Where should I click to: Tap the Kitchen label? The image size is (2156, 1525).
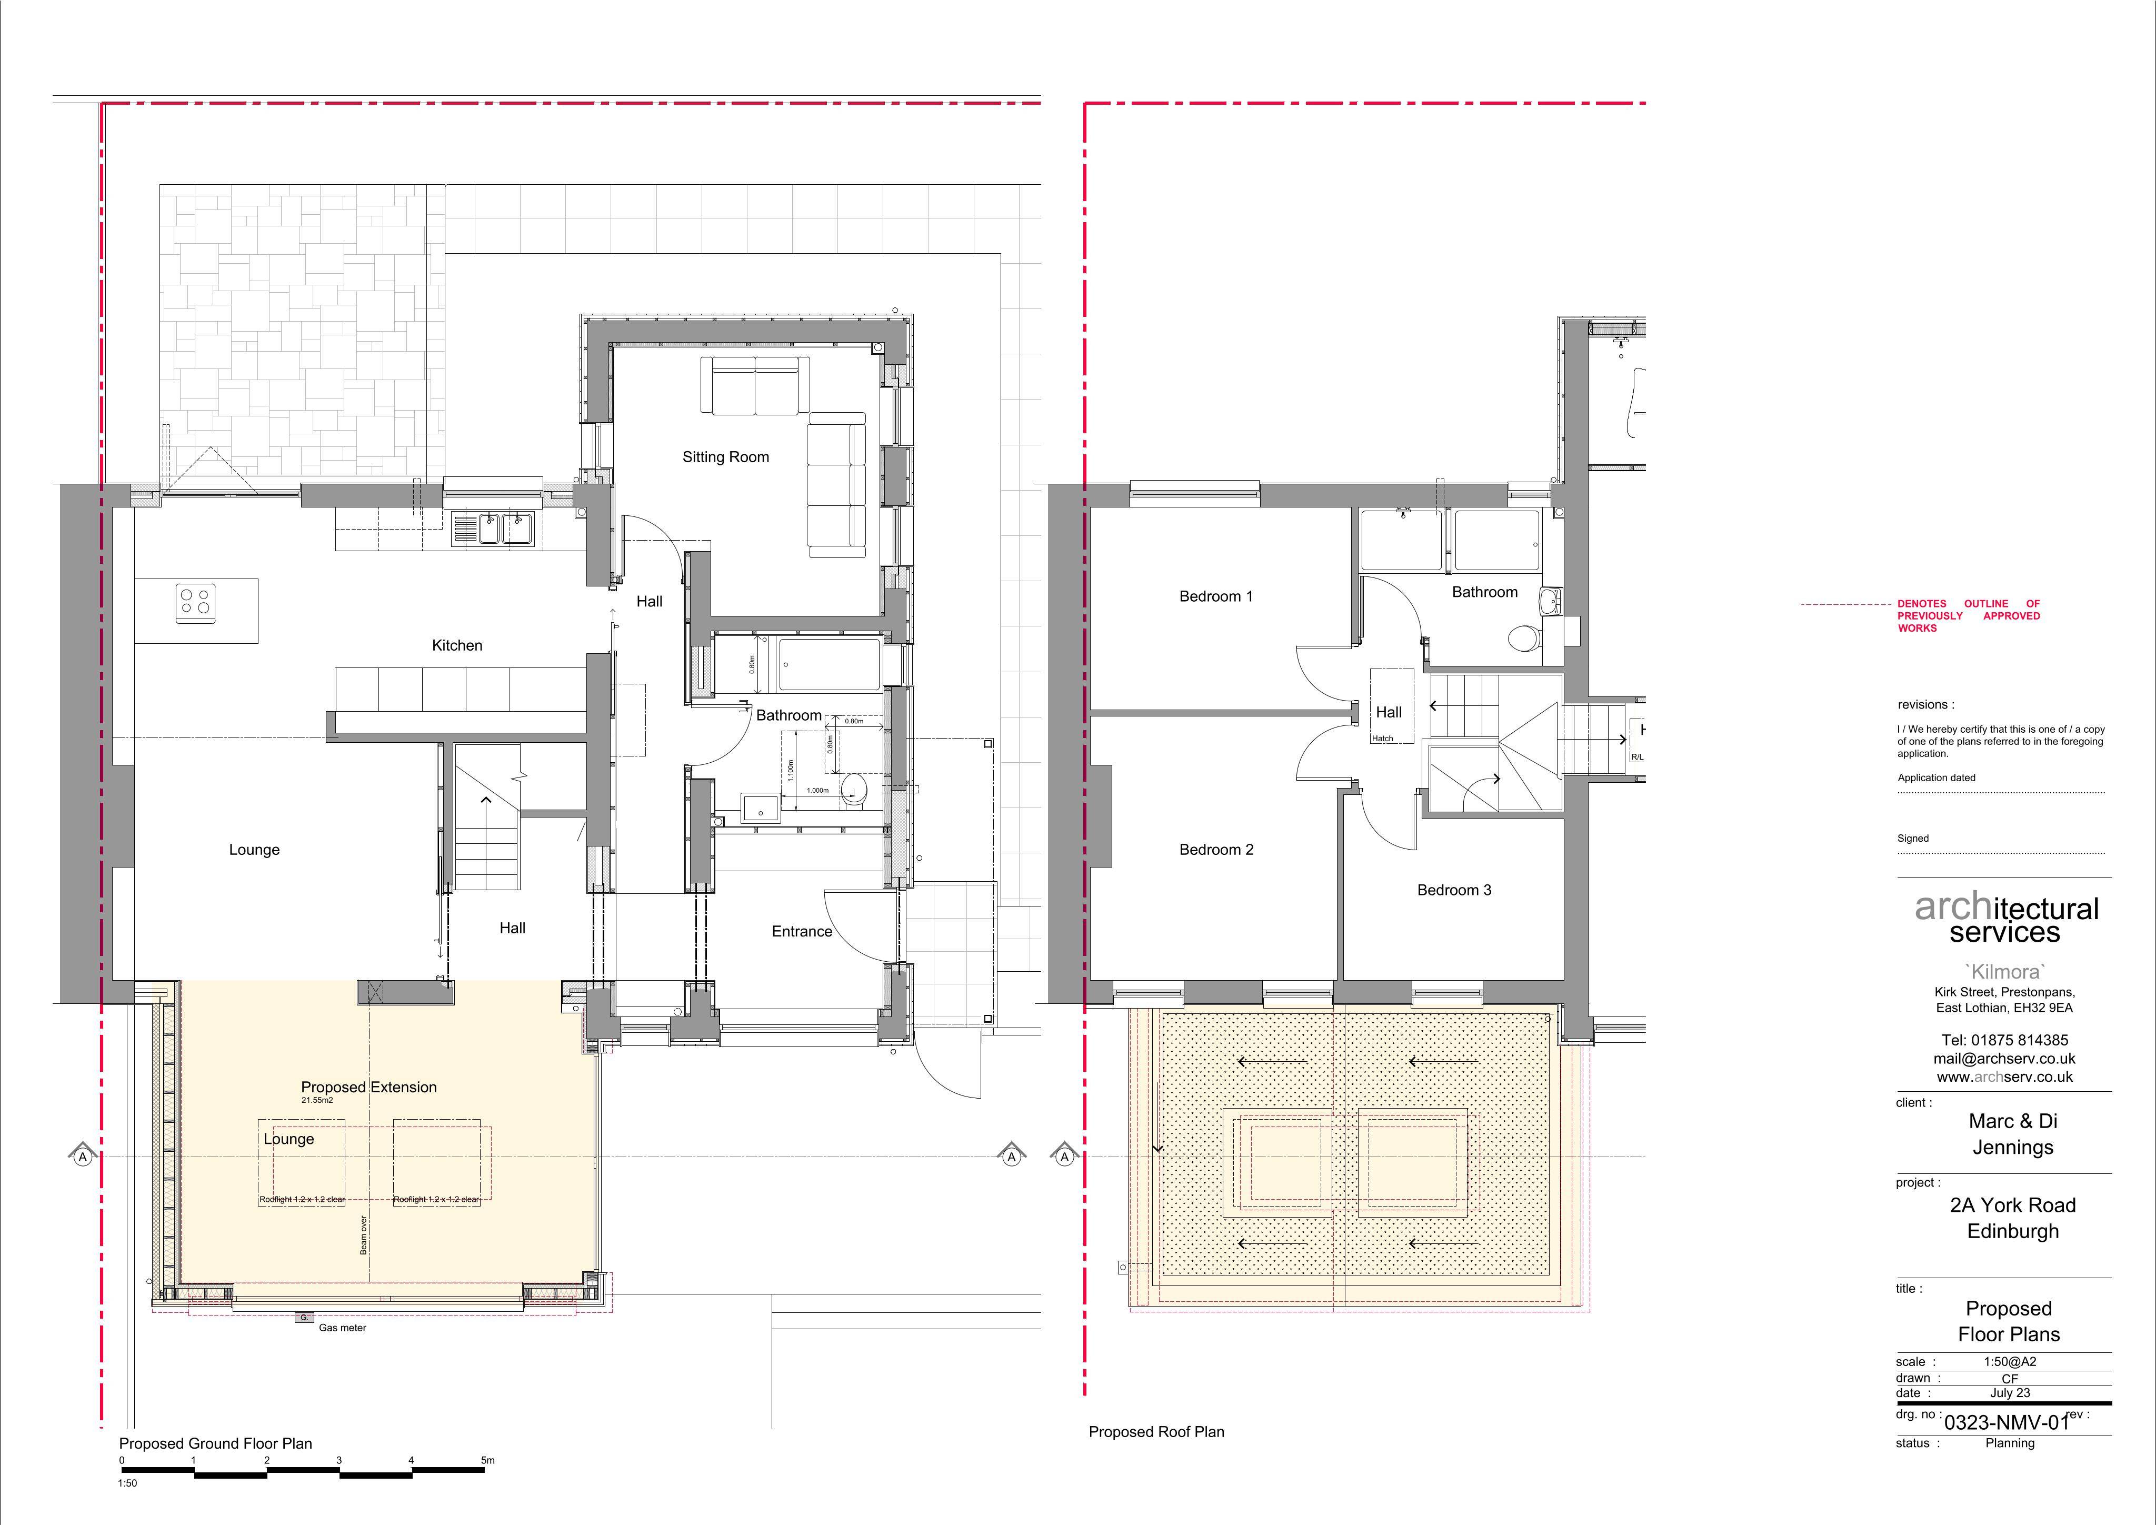[x=457, y=645]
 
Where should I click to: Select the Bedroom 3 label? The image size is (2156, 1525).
[x=1454, y=890]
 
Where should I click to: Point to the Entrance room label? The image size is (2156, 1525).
[x=802, y=932]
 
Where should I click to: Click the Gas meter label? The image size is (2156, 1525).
[x=343, y=1329]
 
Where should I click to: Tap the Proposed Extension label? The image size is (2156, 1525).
[x=369, y=1088]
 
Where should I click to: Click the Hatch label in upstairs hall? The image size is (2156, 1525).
[x=1382, y=738]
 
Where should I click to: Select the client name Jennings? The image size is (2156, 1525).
[x=2012, y=1148]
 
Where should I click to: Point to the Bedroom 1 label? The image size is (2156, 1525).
[x=1216, y=596]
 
